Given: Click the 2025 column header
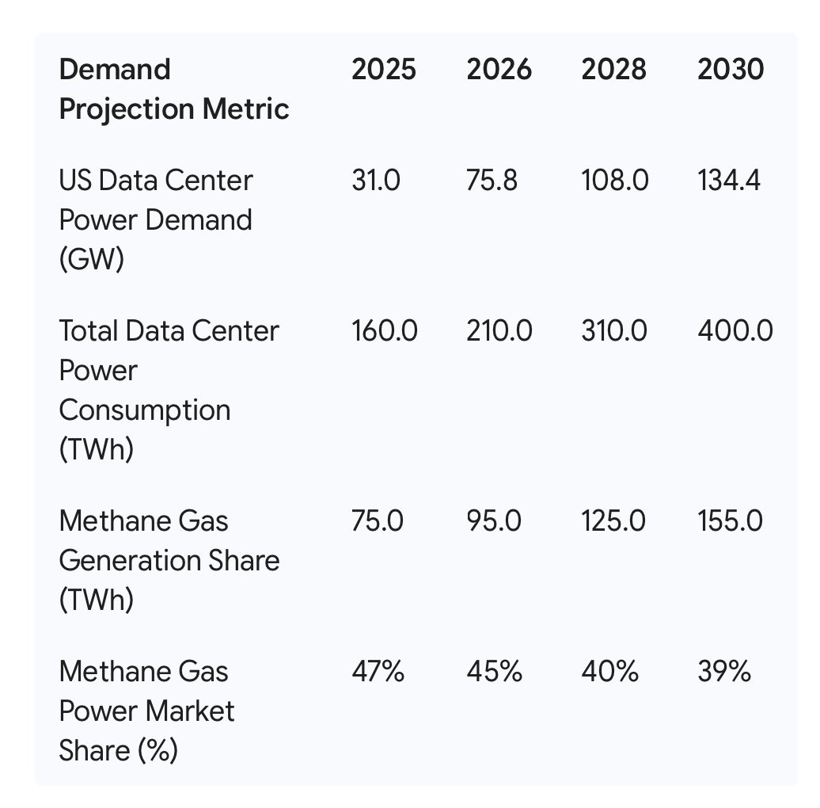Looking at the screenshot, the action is (x=384, y=70).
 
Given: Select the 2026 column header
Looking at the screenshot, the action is (x=499, y=70).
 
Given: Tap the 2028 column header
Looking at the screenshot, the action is (x=614, y=70).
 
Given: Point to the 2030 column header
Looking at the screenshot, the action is (x=731, y=70).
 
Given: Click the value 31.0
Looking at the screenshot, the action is (x=376, y=181).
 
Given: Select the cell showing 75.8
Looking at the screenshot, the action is (x=492, y=181).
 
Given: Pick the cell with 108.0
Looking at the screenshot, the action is (x=615, y=181).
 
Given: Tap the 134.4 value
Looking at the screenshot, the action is (x=729, y=181).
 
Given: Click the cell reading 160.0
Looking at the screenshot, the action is (x=385, y=331).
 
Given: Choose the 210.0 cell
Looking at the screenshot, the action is (x=499, y=331).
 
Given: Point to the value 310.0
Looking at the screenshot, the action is (x=614, y=331).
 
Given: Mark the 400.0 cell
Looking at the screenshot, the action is (x=735, y=331).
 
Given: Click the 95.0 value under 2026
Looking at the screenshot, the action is (x=494, y=521).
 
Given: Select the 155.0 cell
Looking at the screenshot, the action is (x=730, y=521).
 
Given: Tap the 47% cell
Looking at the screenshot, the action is (x=378, y=672).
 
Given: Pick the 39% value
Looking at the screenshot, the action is (x=724, y=672).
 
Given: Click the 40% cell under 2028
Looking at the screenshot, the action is (x=609, y=672).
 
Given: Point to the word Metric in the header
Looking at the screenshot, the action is (x=246, y=109).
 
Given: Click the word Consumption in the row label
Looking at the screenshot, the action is (x=145, y=411).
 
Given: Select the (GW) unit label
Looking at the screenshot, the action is (x=92, y=259).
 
